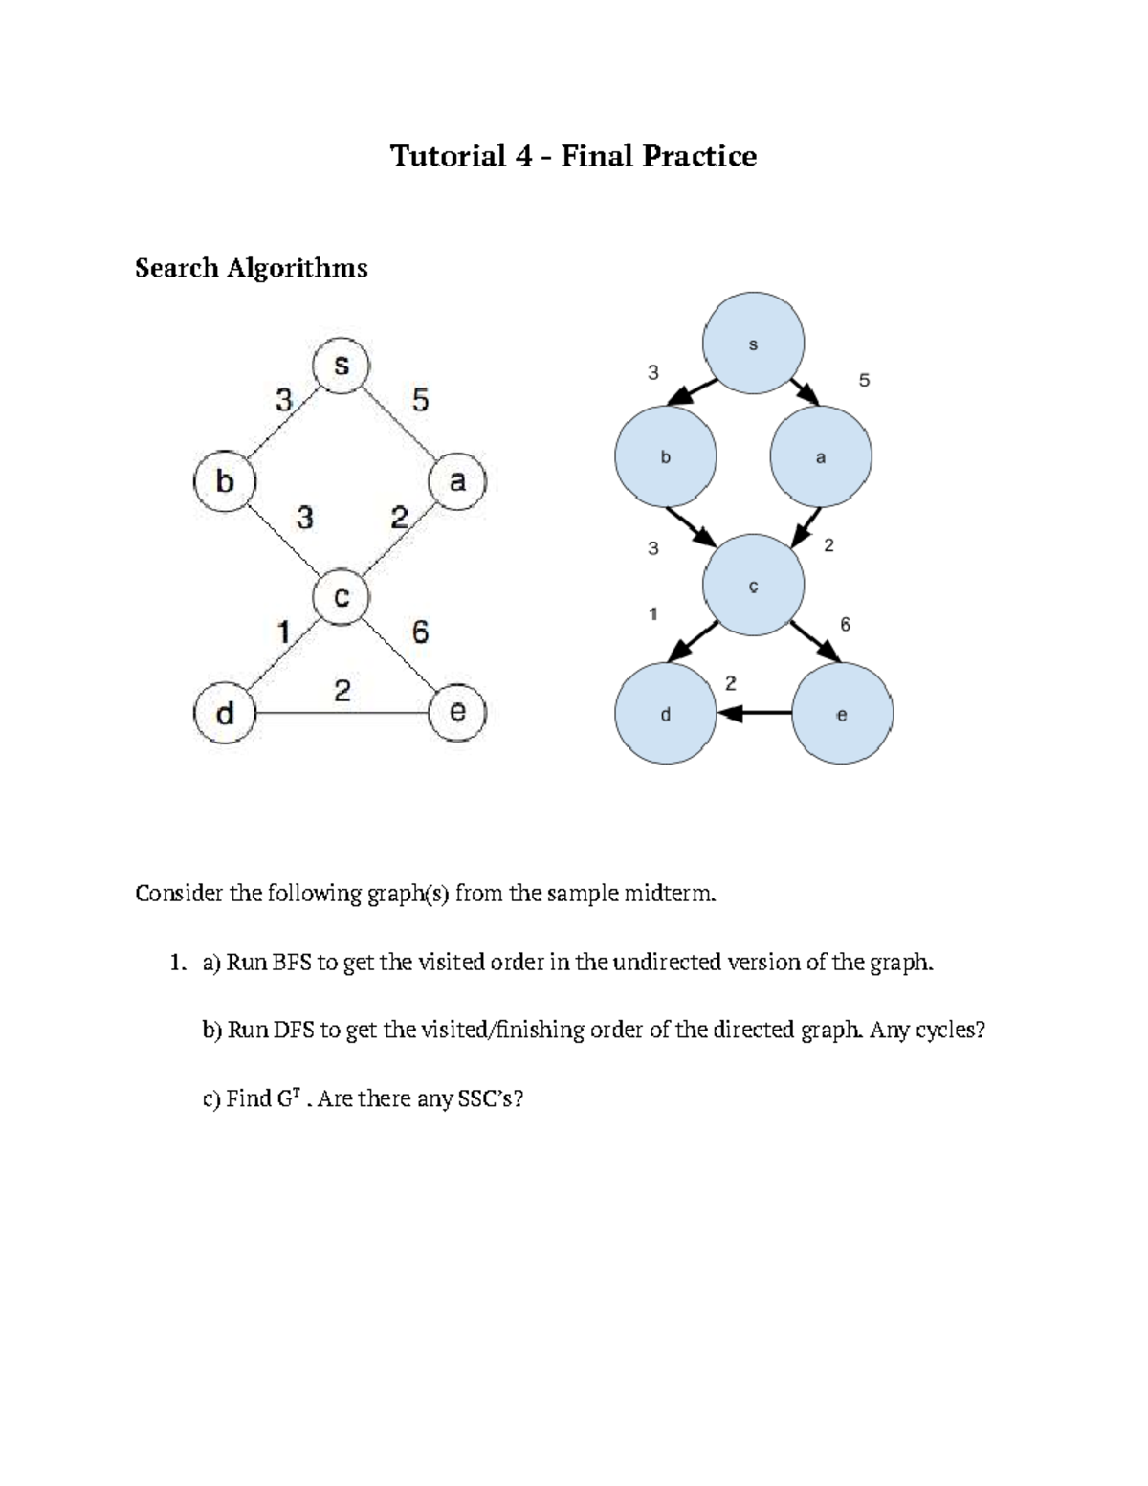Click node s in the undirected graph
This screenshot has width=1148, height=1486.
[x=342, y=366]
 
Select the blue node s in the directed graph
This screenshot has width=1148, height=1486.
[x=753, y=344]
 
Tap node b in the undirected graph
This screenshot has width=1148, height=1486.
[x=225, y=480]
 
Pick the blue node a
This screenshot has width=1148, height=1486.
[x=821, y=457]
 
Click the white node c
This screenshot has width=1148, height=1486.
[x=342, y=597]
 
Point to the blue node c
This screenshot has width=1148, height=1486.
[x=753, y=586]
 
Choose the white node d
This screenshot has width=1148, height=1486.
[x=225, y=713]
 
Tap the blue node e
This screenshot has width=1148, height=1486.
[x=842, y=714]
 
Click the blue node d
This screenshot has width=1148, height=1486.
[x=666, y=714]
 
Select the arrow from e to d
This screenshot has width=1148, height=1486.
[x=755, y=713]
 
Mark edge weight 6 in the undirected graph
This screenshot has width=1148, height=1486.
[x=419, y=632]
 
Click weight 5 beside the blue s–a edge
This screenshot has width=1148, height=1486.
[x=864, y=380]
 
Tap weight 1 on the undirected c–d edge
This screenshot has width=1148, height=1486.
[x=283, y=632]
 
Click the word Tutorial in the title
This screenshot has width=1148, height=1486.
[x=448, y=155]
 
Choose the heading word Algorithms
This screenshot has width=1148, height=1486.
[x=297, y=268]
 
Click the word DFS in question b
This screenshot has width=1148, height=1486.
[x=294, y=1030]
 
